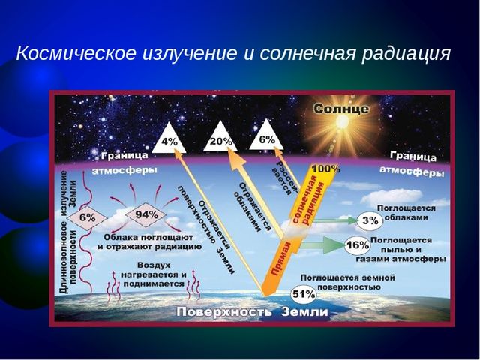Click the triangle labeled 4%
tap(169, 140)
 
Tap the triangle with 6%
tap(266, 136)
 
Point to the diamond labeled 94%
tap(146, 214)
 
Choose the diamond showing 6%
tap(87, 218)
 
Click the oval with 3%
tap(370, 220)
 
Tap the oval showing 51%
tap(303, 294)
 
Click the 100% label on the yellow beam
tap(325, 169)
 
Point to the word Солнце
tap(341, 109)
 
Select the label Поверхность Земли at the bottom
tap(252, 312)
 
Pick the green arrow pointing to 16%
tap(322, 244)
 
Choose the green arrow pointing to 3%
tap(335, 220)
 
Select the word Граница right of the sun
tap(413, 156)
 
